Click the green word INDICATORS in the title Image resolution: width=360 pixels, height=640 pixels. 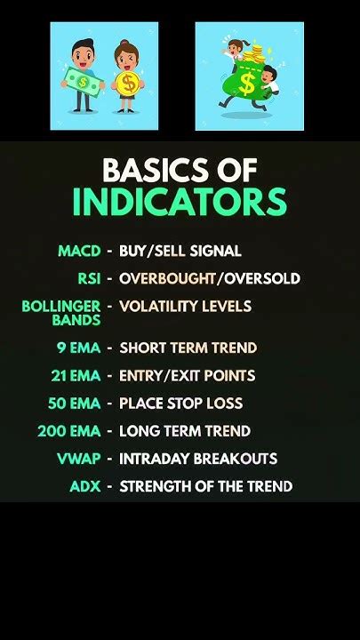180,203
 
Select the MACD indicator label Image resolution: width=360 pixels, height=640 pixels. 79,251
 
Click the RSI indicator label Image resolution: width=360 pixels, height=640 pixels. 89,278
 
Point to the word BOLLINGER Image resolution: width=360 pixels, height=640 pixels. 61,306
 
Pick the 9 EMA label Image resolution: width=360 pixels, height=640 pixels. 79,348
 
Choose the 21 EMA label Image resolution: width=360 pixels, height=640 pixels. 76,375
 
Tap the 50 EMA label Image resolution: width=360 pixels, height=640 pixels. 75,404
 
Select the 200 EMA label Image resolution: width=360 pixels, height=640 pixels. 69,431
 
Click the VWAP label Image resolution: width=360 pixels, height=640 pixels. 79,459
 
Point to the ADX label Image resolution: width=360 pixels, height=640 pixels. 85,486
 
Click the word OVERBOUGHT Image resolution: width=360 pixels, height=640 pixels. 167,278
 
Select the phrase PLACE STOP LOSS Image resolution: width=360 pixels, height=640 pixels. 180,404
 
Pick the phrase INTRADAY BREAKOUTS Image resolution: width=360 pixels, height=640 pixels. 198,459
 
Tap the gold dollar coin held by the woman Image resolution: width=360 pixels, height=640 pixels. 128,84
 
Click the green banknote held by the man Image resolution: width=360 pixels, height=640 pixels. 84,82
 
